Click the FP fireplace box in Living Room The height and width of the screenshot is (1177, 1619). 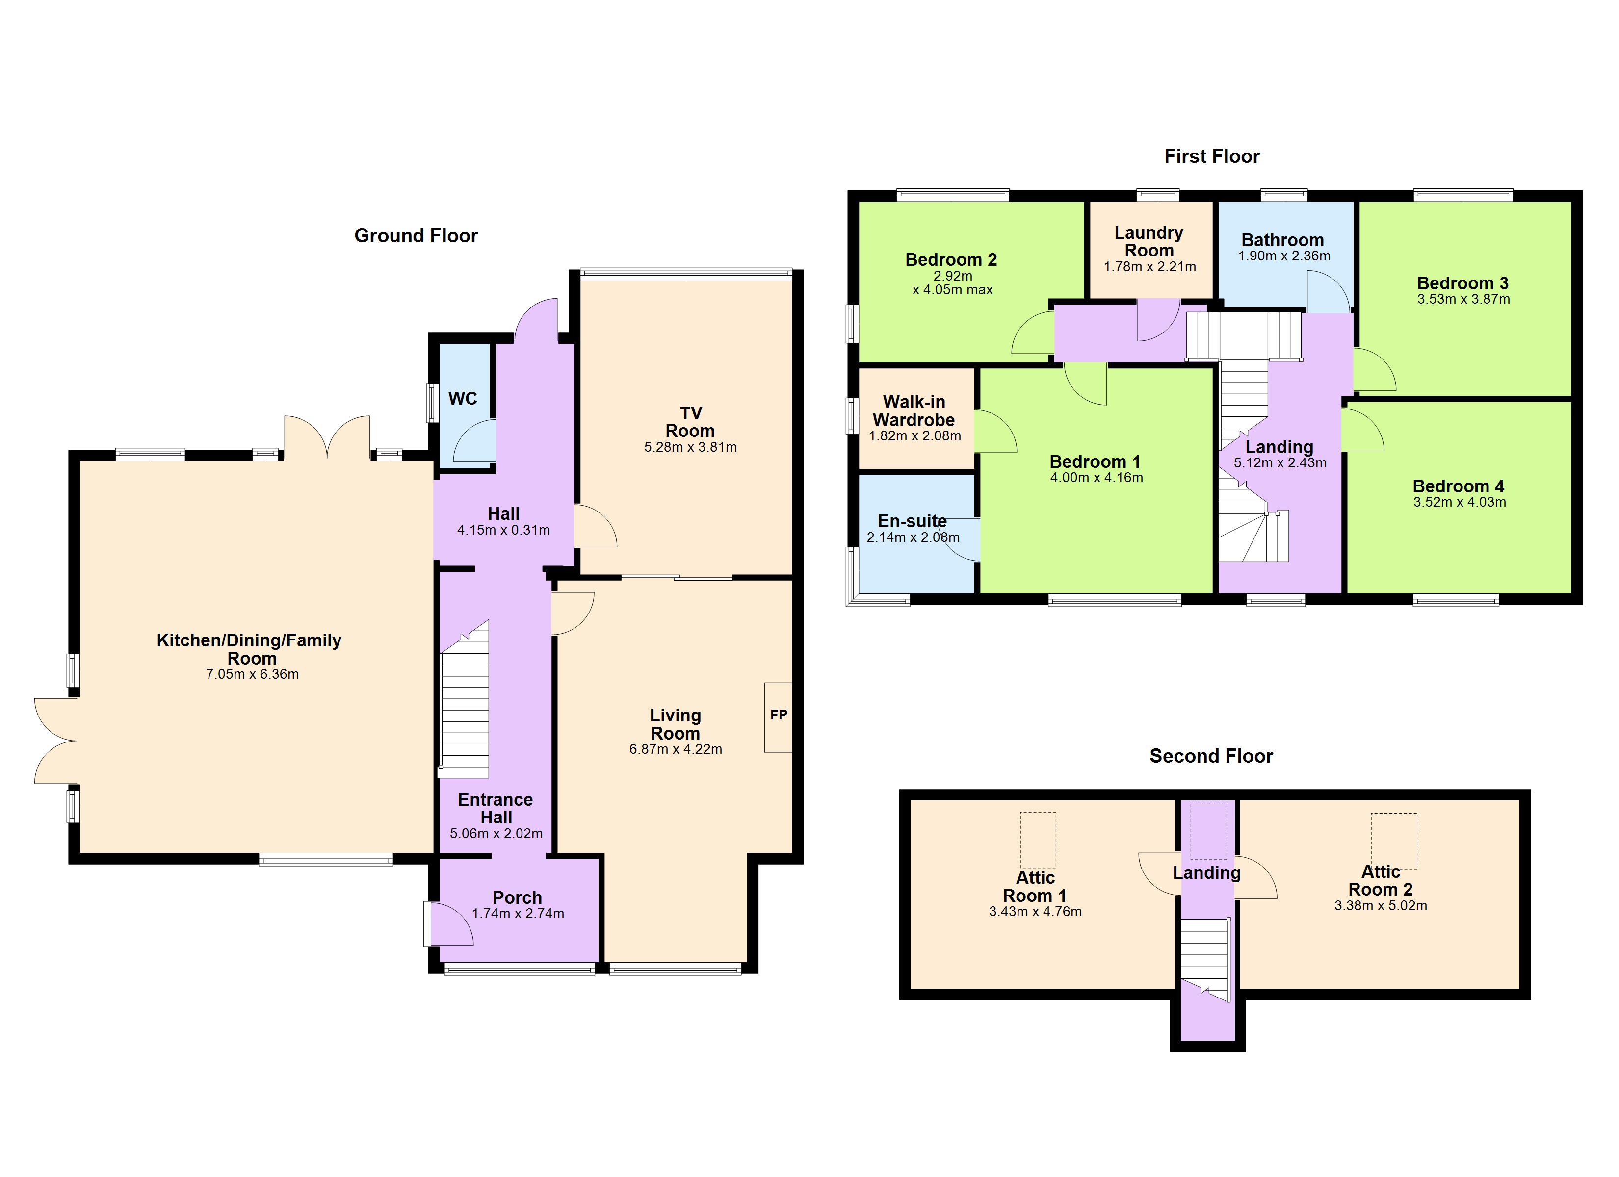778,716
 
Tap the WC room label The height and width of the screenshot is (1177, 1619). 463,398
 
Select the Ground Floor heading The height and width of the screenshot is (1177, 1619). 416,235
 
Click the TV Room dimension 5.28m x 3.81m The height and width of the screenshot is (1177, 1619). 690,448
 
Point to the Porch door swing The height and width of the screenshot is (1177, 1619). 451,924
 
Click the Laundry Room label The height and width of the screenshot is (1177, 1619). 1149,241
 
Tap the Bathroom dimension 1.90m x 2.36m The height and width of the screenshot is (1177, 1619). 1283,256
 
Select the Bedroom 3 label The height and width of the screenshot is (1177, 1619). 1462,283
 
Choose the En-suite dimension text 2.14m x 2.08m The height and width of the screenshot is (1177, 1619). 913,537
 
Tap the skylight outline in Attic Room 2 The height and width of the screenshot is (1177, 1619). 1393,841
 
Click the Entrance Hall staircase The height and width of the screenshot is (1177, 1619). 465,707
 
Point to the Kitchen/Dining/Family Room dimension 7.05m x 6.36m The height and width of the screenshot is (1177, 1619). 252,674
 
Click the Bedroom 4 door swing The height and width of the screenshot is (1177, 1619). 1361,431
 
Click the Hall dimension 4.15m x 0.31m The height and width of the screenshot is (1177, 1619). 503,530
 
